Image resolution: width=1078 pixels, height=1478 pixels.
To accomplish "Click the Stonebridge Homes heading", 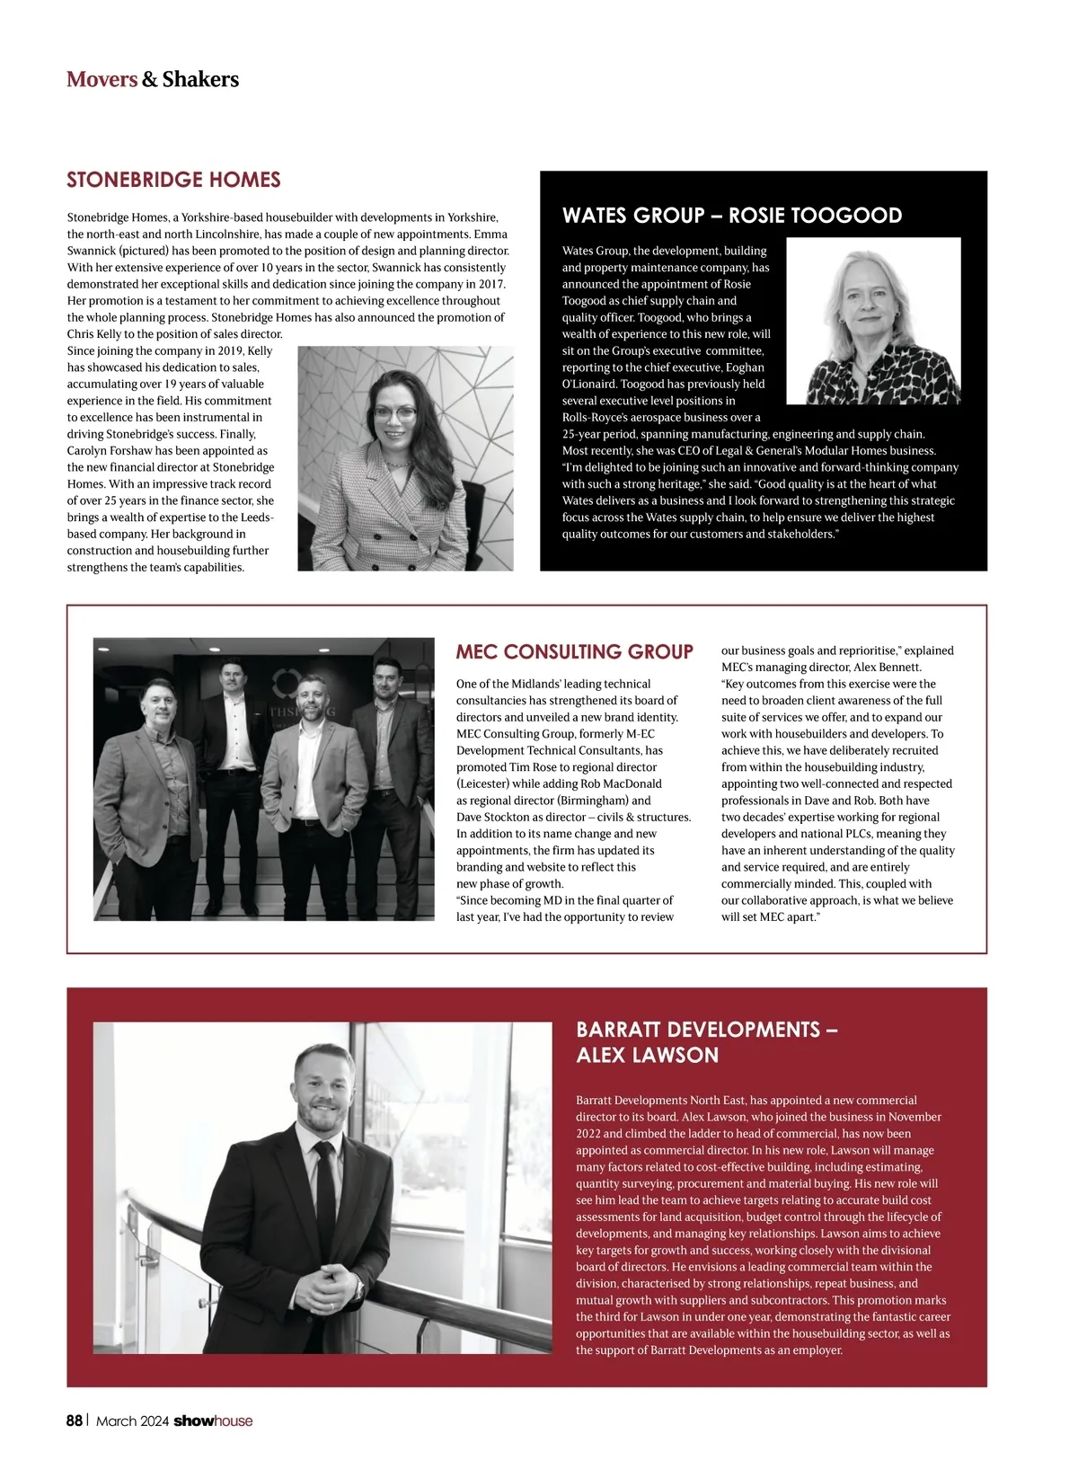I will click(173, 180).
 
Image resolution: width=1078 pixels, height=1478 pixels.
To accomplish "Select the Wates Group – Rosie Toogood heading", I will click(731, 216).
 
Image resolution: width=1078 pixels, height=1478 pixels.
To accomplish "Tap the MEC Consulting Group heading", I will click(574, 651).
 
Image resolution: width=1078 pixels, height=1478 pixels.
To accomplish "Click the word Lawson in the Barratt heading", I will click(679, 1055).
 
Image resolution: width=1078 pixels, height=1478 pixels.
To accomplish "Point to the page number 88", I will click(75, 1420).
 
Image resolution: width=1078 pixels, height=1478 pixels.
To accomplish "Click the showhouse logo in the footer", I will click(213, 1420).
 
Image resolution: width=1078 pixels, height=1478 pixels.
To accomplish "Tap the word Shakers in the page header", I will click(200, 79).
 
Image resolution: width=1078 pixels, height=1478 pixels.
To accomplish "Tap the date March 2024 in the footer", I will click(132, 1420).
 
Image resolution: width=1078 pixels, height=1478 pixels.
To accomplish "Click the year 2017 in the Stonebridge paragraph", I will click(491, 284).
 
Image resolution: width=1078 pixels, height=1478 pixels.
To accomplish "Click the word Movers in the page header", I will click(102, 79).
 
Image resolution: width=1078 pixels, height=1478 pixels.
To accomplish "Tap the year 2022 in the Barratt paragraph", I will click(588, 1133).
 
